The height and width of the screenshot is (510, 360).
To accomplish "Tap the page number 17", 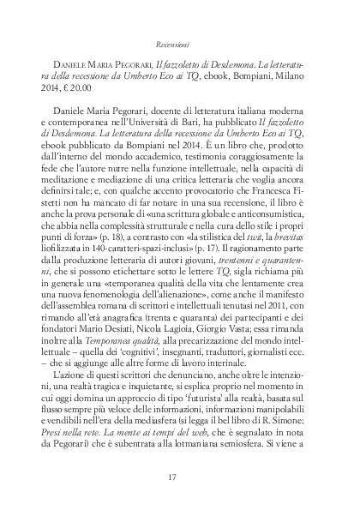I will [179, 477].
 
